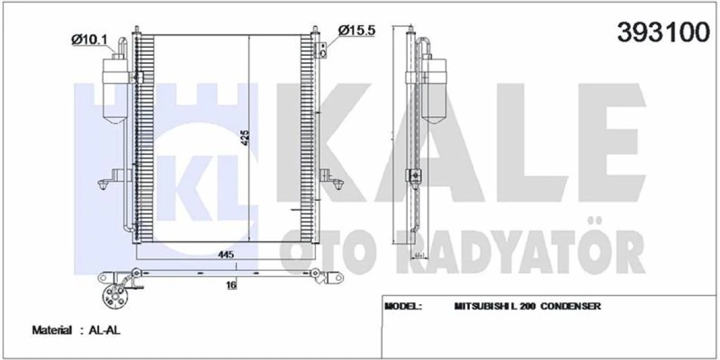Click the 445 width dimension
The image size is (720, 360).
pos(226,254)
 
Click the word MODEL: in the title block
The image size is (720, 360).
pos(402,307)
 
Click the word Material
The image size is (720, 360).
pos(52,331)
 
